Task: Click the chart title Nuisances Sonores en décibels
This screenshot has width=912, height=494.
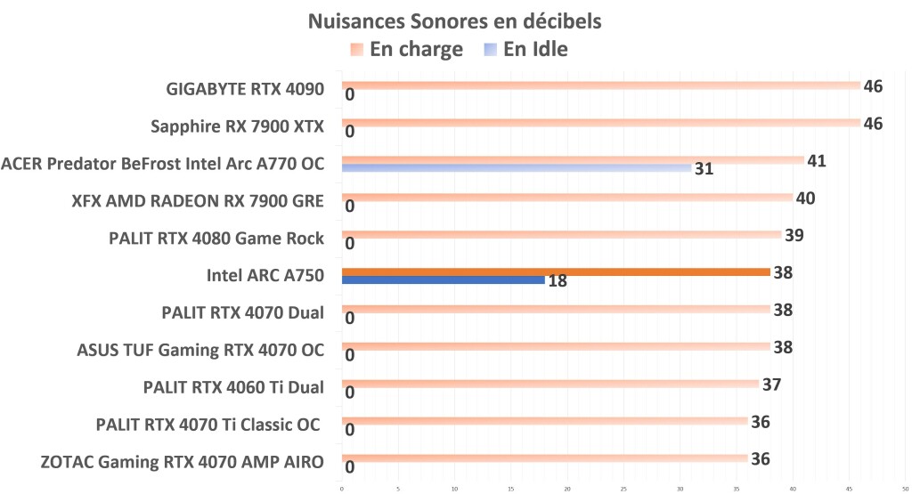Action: [x=455, y=21]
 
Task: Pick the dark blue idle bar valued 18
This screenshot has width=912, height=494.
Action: [x=443, y=280]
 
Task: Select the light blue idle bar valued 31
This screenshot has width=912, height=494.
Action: [x=517, y=167]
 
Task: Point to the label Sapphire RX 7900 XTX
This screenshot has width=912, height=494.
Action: [x=238, y=126]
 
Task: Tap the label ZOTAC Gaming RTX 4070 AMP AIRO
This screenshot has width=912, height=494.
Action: [x=183, y=462]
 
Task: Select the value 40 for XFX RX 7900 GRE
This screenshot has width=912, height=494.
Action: [x=806, y=198]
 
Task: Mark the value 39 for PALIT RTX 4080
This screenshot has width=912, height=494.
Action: [x=795, y=236]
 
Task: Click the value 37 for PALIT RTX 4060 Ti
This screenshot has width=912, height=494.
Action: [x=772, y=385]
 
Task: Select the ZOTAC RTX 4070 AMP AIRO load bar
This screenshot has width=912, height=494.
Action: [x=544, y=458]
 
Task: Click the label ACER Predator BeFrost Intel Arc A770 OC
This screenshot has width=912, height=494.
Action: [x=163, y=164]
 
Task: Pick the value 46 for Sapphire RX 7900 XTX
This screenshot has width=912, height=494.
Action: [x=873, y=124]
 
